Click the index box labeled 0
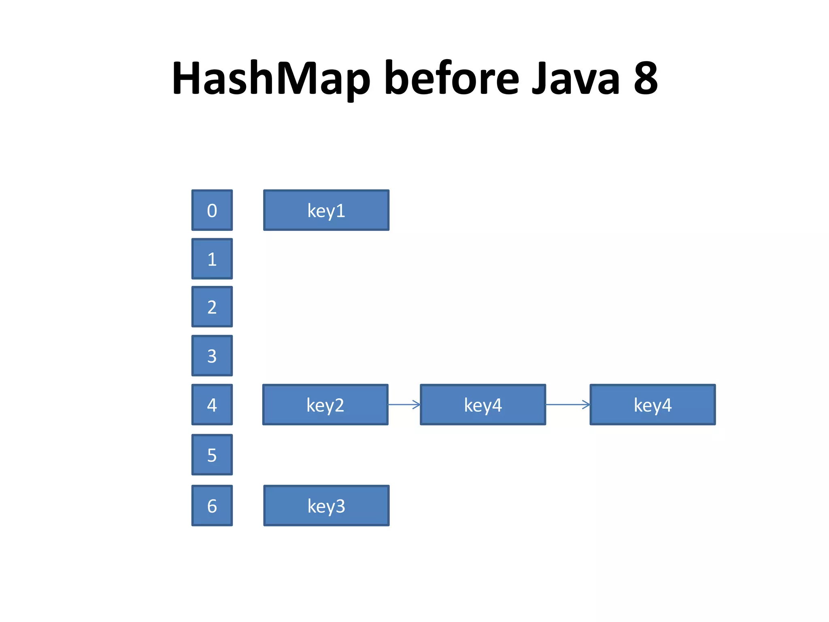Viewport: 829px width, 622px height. (212, 210)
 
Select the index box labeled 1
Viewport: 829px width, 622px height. (212, 259)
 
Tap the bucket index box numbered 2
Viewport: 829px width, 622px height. (212, 307)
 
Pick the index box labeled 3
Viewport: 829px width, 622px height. (212, 356)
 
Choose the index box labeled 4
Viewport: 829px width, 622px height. (212, 405)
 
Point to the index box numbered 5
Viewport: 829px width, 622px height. (212, 455)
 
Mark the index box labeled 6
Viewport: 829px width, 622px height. (212, 505)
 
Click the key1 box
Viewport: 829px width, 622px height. (326, 210)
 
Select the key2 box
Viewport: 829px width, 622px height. (325, 405)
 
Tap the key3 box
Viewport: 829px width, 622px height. (326, 505)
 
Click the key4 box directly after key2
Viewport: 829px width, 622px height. (483, 405)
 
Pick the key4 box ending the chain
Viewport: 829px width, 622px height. (653, 405)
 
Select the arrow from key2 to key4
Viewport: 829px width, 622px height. (404, 404)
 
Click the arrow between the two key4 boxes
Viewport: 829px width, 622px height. (568, 404)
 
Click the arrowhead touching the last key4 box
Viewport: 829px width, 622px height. (587, 404)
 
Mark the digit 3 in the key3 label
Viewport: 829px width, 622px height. (340, 506)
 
